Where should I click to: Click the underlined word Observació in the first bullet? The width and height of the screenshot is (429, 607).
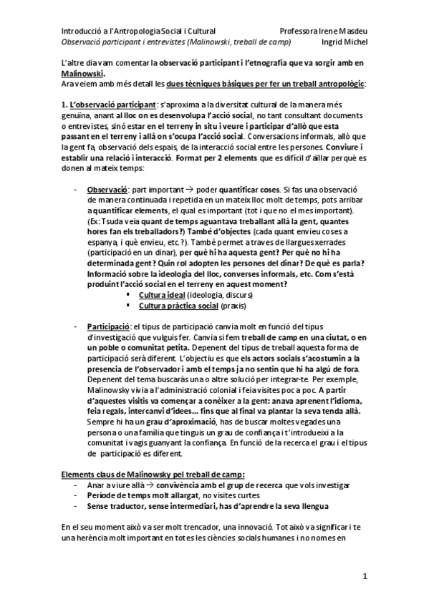107,188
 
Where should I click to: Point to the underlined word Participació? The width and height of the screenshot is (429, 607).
108,325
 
